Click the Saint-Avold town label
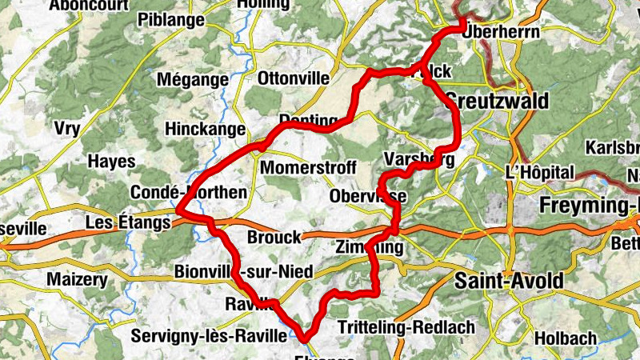[509, 281]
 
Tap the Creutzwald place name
[497, 101]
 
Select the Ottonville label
[294, 78]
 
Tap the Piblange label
[171, 19]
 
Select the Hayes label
[111, 161]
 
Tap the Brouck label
[274, 237]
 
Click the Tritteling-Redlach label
[406, 327]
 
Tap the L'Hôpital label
[540, 172]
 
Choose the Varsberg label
[419, 159]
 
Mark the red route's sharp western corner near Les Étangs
[178, 213]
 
